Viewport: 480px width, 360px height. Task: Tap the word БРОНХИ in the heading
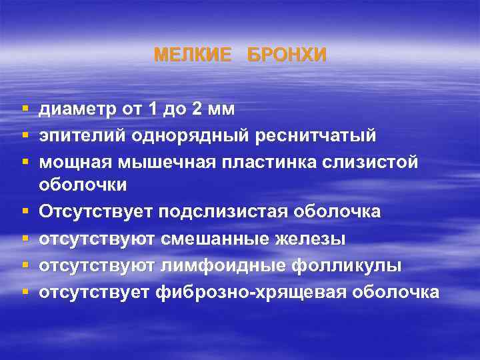[287, 55]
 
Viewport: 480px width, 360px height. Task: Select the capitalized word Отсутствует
[95, 211]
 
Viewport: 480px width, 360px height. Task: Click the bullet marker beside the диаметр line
[24, 108]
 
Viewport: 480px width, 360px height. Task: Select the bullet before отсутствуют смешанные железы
[24, 239]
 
